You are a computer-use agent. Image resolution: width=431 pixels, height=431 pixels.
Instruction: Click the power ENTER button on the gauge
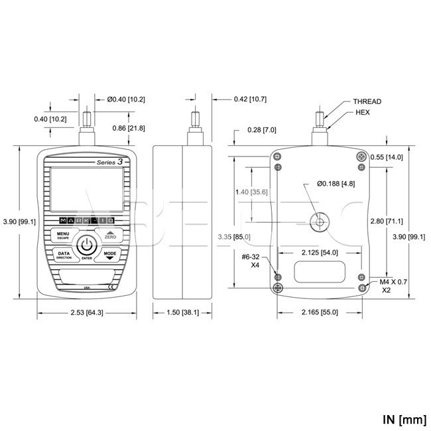click(x=86, y=246)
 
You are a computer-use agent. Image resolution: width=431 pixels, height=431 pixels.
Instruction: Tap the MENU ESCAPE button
click(x=63, y=235)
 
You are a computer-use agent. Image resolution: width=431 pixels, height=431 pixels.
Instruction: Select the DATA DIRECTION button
click(x=63, y=255)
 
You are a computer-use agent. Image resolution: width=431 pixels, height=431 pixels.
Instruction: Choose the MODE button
click(x=109, y=255)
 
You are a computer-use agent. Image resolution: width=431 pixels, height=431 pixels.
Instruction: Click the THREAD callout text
click(x=367, y=101)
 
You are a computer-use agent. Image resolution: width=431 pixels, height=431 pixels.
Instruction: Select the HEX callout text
click(x=362, y=113)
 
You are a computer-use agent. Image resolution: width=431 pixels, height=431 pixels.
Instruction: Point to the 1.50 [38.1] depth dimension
click(x=180, y=312)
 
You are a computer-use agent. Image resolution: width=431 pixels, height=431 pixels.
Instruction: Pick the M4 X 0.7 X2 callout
click(x=393, y=286)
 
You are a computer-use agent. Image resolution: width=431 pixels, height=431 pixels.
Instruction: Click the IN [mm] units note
click(x=402, y=419)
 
